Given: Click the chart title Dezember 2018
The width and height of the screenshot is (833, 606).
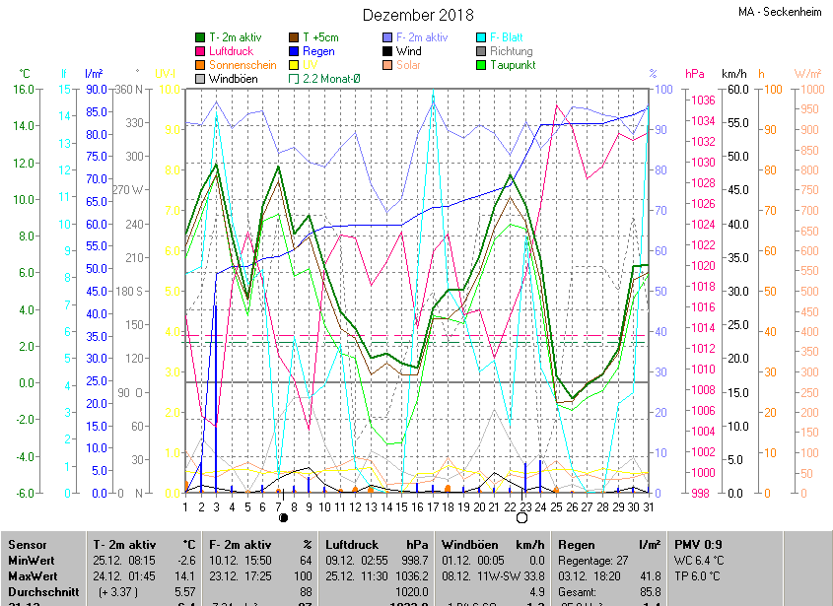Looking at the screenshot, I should (418, 15).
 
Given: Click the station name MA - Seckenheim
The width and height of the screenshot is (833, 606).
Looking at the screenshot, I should (780, 12).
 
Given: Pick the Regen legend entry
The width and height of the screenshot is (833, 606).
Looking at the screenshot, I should (318, 51).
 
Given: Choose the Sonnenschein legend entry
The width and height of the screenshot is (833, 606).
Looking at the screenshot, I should (243, 65).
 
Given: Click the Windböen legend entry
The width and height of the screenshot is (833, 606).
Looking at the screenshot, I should (233, 79).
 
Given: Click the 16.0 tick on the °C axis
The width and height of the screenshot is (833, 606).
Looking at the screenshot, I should (22, 89).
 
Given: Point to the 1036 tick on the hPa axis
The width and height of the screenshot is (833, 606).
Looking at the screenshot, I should (702, 100).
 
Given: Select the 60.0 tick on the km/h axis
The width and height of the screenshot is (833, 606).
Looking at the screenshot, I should (734, 89).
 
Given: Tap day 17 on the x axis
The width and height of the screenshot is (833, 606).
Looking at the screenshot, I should (432, 507).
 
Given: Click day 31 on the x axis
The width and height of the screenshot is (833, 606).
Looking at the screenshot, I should (648, 507).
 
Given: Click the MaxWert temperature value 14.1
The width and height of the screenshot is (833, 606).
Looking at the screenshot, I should (184, 576).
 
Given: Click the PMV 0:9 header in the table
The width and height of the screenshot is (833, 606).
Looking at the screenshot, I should (698, 544).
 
